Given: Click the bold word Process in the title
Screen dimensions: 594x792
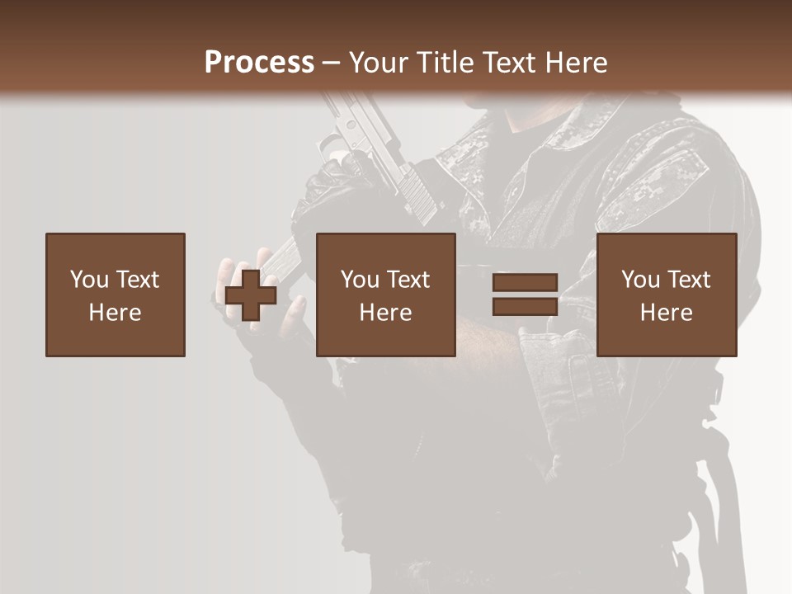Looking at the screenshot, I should coord(259,62).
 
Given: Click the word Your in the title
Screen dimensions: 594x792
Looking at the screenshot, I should coord(376,62).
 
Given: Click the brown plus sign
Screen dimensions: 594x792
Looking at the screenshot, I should coord(251,295).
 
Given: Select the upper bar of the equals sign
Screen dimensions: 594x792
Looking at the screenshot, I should coord(525,283).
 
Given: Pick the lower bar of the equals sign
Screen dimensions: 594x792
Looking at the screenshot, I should coord(525,306).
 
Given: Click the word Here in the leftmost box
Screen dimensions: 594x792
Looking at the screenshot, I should coord(115,313).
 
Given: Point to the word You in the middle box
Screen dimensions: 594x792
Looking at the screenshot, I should coord(359,280).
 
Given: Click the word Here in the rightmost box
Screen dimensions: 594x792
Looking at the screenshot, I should coord(666,313).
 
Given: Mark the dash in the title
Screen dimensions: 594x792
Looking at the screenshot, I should coord(332,63).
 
